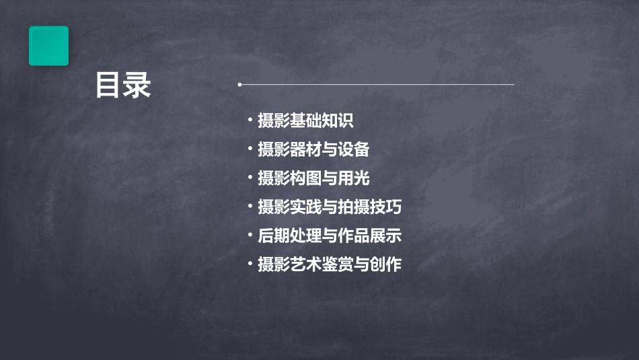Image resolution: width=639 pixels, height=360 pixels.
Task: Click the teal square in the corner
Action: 48,46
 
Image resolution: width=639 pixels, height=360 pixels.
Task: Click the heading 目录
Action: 122,86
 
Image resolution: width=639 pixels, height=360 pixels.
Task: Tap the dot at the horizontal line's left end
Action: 239,85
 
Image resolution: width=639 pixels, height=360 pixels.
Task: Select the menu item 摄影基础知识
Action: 305,121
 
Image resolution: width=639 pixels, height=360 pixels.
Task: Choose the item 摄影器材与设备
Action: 313,149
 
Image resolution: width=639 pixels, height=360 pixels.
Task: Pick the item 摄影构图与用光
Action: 313,178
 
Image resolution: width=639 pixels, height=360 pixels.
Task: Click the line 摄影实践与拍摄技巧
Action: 330,207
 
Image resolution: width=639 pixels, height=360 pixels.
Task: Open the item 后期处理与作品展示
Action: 330,236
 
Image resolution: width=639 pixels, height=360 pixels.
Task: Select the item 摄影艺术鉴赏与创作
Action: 330,264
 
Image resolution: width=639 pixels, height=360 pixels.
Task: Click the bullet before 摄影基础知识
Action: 250,121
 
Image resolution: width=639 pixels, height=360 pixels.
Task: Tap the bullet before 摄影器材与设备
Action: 250,149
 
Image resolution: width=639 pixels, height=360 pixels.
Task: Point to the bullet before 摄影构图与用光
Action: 250,178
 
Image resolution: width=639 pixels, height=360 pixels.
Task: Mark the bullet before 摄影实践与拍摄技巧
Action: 250,207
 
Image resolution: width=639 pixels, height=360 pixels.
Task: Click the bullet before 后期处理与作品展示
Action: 250,236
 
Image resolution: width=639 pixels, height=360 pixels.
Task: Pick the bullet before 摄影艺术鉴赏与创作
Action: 250,264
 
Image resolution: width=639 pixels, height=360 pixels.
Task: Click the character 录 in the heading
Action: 137,86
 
